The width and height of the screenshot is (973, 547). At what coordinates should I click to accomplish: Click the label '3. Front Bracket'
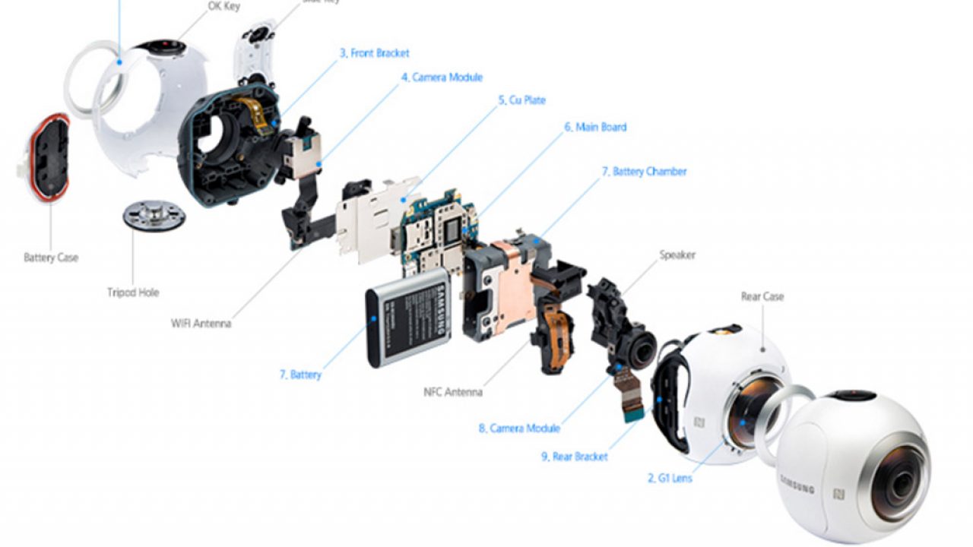point(374,53)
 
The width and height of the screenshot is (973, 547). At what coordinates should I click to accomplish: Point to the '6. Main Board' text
point(595,127)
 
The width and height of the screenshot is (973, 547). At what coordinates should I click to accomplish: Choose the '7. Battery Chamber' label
point(644,172)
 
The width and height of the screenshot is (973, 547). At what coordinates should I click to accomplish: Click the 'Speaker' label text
point(677,255)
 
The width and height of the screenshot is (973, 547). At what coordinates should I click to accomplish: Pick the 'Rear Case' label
point(762,296)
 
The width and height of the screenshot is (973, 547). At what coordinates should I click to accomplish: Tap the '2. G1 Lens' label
point(670,479)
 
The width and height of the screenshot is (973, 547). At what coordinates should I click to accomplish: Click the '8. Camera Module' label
point(519,428)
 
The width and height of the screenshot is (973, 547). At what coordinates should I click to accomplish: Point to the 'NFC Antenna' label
point(452,393)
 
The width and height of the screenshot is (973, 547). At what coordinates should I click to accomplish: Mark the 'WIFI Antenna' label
point(201,324)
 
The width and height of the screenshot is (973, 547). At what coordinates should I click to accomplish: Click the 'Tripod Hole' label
point(133,292)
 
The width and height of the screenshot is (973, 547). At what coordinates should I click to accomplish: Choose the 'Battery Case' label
point(50,258)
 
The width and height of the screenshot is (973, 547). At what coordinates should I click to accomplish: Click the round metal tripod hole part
point(154,215)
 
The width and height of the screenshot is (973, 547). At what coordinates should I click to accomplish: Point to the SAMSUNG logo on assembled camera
point(796,483)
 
